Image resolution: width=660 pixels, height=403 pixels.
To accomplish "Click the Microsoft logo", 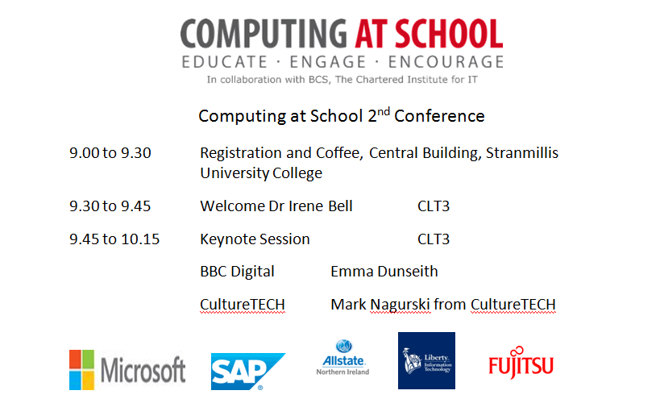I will [127, 370].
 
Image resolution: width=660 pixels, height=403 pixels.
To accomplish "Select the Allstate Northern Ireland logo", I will [342, 358].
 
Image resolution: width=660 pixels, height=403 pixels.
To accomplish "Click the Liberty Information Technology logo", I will [426, 360].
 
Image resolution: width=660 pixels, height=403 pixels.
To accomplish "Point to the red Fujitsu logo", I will [521, 366].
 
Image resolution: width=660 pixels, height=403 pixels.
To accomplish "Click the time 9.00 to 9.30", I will [110, 153].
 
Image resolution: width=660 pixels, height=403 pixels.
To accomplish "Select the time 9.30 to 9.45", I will [110, 206].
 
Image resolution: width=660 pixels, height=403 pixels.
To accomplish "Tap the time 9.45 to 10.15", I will [114, 239].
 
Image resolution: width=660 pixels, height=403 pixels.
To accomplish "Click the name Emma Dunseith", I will [384, 272].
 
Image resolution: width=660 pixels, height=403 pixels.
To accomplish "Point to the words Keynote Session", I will [255, 239].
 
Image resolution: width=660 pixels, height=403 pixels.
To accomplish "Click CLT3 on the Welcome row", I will [434, 206].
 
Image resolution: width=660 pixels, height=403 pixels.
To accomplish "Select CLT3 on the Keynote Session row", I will [434, 239].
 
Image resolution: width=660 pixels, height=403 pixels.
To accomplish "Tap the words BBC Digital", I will [237, 272].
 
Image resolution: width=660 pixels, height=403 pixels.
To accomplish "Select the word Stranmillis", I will [522, 153].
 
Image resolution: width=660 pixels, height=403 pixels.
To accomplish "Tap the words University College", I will [261, 173].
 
